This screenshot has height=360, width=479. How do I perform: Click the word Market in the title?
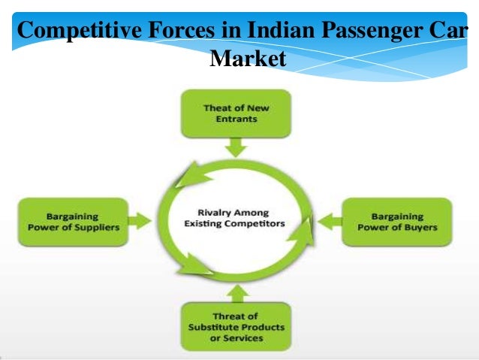(x=249, y=58)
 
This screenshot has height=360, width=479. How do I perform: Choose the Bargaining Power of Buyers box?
(x=397, y=222)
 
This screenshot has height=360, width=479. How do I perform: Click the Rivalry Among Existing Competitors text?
(x=236, y=218)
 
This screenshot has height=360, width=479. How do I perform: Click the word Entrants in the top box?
(x=236, y=119)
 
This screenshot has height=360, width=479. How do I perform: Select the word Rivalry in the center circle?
(x=215, y=212)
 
